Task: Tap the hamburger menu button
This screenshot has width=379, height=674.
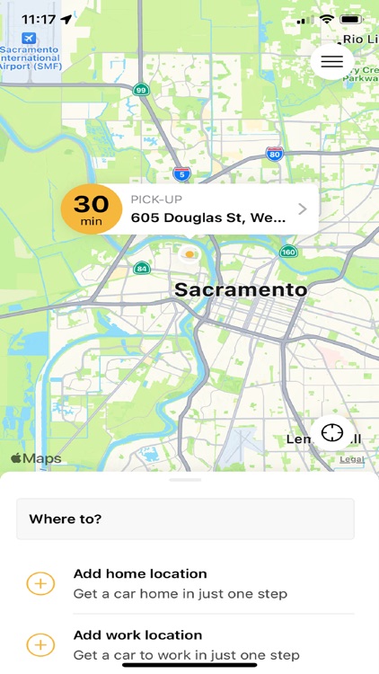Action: (x=331, y=61)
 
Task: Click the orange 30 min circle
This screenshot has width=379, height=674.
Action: (x=91, y=209)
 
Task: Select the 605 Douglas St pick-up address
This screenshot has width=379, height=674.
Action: (x=208, y=217)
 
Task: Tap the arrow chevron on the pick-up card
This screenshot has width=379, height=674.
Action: (x=303, y=209)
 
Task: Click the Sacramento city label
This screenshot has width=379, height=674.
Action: (x=241, y=289)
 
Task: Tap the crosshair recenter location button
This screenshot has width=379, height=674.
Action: (x=332, y=432)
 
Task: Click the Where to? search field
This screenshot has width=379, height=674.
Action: (x=185, y=519)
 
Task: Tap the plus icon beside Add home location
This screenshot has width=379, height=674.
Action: (x=40, y=583)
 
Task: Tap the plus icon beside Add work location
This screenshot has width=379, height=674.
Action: (x=40, y=644)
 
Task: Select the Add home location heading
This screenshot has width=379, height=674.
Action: (x=140, y=573)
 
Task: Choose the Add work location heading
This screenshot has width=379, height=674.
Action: (x=137, y=634)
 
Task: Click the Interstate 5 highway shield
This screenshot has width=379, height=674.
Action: (x=182, y=173)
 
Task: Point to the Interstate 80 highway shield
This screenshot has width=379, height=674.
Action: (x=275, y=154)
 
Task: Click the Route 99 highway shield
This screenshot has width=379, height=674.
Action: (x=141, y=89)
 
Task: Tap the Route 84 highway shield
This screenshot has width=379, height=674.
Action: (x=142, y=268)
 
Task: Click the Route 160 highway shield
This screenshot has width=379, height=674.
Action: (x=288, y=253)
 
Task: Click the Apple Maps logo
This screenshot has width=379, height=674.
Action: (x=36, y=458)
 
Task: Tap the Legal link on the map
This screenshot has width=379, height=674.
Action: (x=352, y=459)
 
